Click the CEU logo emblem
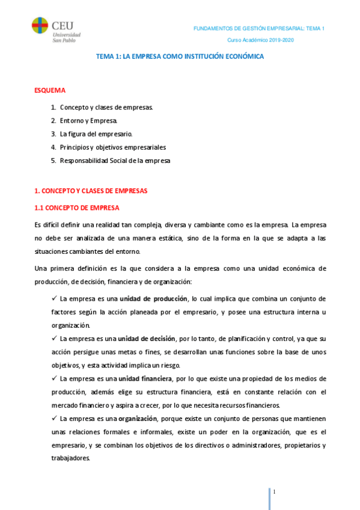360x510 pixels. [x=40, y=28]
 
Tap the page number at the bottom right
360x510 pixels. [x=274, y=492]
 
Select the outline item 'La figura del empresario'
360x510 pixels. [x=96, y=134]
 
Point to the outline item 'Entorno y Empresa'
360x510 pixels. [x=88, y=121]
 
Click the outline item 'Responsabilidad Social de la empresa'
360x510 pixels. [x=115, y=161]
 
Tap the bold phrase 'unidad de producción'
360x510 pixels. [x=153, y=298]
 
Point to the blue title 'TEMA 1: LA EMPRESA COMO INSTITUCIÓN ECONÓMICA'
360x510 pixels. [x=180, y=56]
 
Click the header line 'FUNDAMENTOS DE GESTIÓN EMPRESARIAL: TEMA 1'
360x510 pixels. [x=258, y=29]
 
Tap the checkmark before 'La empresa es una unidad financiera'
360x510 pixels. [x=54, y=378]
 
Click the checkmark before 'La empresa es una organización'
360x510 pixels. [x=54, y=419]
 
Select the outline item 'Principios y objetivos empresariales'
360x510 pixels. [x=113, y=147]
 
